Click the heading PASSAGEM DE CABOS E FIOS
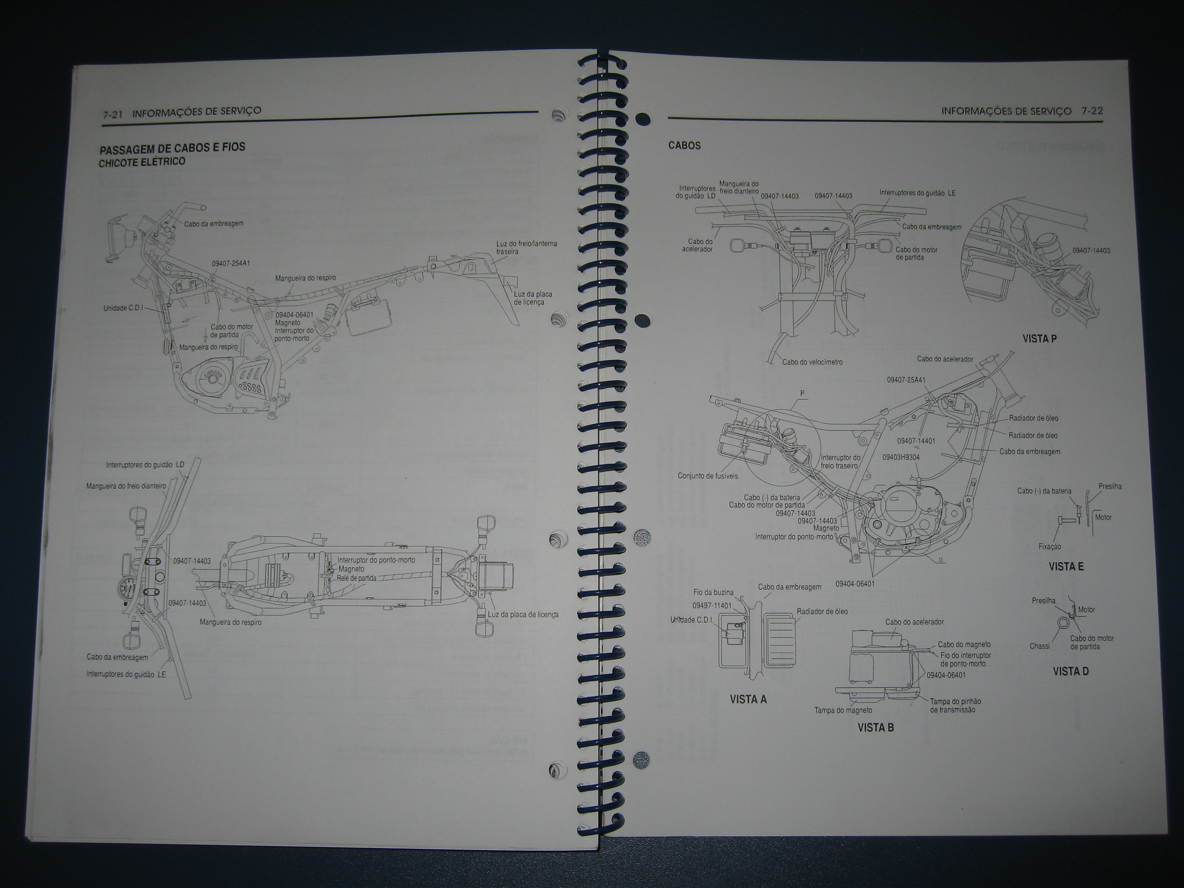pyautogui.click(x=172, y=147)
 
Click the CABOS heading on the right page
pyautogui.click(x=684, y=146)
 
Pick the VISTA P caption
pyautogui.click(x=1039, y=338)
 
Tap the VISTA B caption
pyautogui.click(x=875, y=727)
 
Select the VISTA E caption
pyautogui.click(x=1066, y=566)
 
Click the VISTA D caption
pyautogui.click(x=1071, y=671)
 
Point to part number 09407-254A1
pyautogui.click(x=231, y=263)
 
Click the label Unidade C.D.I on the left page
pyautogui.click(x=123, y=308)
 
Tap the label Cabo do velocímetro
pyautogui.click(x=812, y=362)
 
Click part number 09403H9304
pyautogui.click(x=901, y=457)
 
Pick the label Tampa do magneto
pyautogui.click(x=843, y=710)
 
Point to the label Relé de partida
pyautogui.click(x=357, y=578)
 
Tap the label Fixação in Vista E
pyautogui.click(x=1049, y=547)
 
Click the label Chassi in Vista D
pyautogui.click(x=1039, y=646)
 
